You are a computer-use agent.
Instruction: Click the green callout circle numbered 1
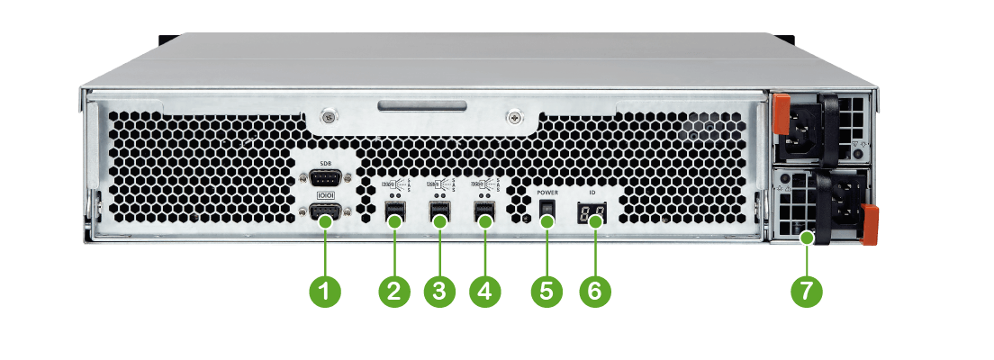tap(325, 291)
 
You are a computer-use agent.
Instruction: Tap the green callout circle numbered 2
tap(393, 291)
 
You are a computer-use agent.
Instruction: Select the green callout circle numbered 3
tap(439, 291)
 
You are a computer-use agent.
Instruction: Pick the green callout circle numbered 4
tap(485, 291)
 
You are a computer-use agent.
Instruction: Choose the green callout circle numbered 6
tap(593, 291)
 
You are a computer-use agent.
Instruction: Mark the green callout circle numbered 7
tap(806, 291)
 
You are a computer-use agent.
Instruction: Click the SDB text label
tap(327, 163)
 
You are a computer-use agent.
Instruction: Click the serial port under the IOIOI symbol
tap(326, 212)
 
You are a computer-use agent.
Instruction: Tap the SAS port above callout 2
tap(393, 213)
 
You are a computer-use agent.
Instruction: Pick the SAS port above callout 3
tap(439, 213)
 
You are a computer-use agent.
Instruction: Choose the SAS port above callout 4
tap(485, 213)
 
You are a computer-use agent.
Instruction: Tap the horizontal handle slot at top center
tap(422, 108)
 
